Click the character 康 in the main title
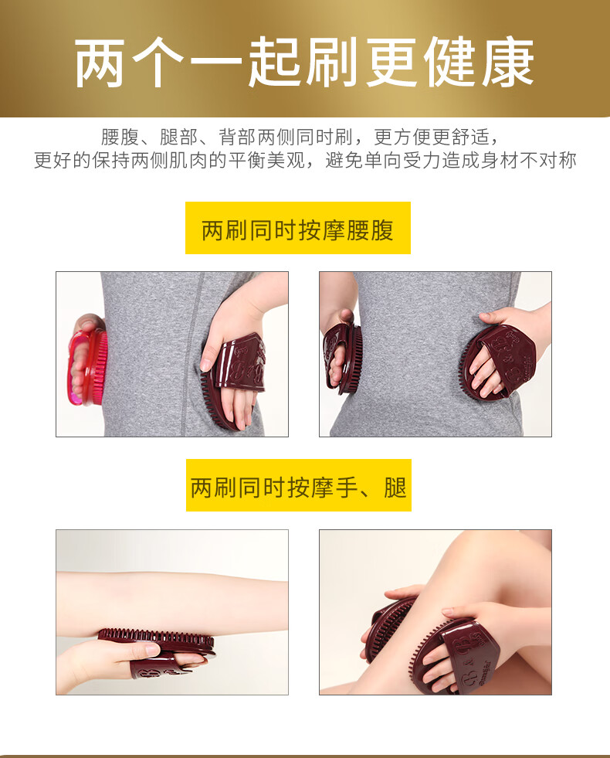click(508, 62)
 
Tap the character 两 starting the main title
click(100, 62)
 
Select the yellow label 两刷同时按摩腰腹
click(298, 228)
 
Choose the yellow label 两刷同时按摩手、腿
click(299, 485)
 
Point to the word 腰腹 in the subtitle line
click(120, 138)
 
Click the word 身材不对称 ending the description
click(528, 160)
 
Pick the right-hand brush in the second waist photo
click(495, 360)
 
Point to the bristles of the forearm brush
click(157, 634)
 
